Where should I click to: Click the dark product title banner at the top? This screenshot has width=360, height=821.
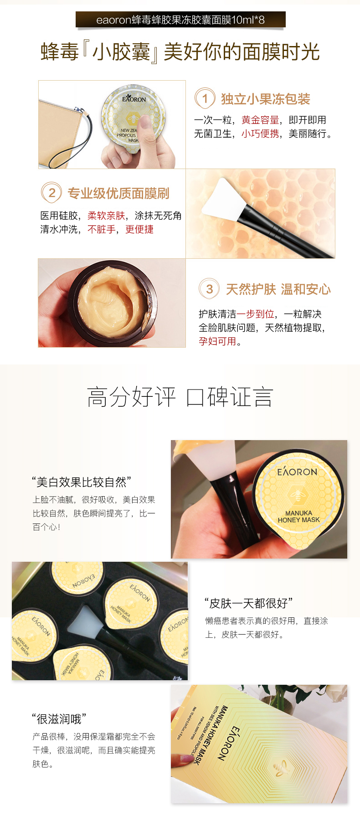pyautogui.click(x=180, y=20)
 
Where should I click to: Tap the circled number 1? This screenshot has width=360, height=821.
pyautogui.click(x=205, y=98)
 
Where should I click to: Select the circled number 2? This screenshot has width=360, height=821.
pyautogui.click(x=51, y=193)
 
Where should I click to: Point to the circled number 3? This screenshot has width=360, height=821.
pyautogui.click(x=209, y=289)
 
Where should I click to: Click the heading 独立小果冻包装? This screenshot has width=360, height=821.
pyautogui.click(x=266, y=99)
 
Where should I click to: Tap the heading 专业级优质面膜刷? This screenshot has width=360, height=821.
pyautogui.click(x=118, y=193)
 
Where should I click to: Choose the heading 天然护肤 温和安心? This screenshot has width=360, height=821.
pyautogui.click(x=278, y=289)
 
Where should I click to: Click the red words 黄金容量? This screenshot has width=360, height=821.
pyautogui.click(x=260, y=120)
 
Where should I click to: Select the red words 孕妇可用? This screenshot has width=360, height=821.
pyautogui.click(x=217, y=341)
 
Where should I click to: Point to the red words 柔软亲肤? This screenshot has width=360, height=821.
pyautogui.click(x=106, y=216)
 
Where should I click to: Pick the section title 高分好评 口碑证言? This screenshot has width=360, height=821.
pyautogui.click(x=180, y=397)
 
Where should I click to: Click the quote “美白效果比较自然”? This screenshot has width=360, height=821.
pyautogui.click(x=82, y=482)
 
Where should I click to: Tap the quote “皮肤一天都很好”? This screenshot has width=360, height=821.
pyautogui.click(x=248, y=603)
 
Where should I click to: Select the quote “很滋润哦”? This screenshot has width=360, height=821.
pyautogui.click(x=59, y=719)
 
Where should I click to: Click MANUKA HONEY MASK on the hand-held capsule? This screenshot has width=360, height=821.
pyautogui.click(x=299, y=516)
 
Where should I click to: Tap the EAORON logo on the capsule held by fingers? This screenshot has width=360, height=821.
pyautogui.click(x=134, y=98)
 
